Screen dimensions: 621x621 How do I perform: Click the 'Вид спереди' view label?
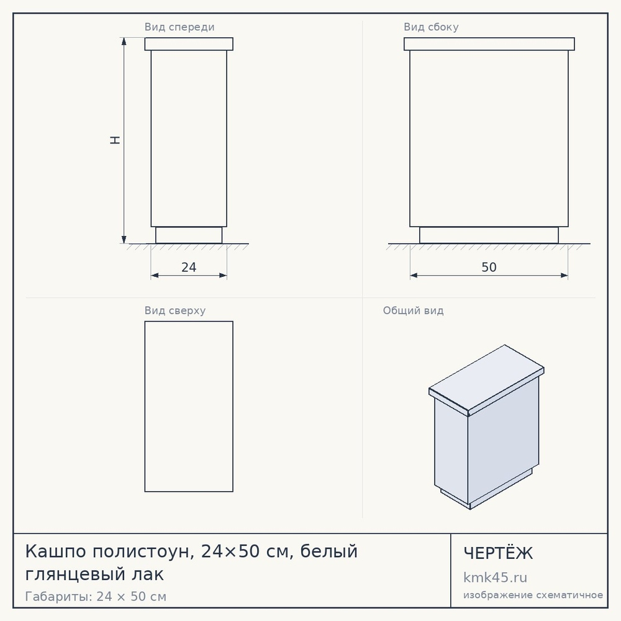click(179, 27)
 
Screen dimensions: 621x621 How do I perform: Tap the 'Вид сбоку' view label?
click(431, 27)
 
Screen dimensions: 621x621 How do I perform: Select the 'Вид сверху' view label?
click(175, 311)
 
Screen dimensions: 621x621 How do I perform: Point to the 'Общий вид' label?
click(413, 310)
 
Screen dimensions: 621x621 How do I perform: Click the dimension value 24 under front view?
click(189, 267)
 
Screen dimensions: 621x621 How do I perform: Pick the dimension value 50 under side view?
click(489, 267)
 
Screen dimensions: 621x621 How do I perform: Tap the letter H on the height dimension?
click(115, 140)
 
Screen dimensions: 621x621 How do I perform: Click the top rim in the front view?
click(189, 44)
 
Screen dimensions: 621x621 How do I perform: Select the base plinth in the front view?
click(189, 235)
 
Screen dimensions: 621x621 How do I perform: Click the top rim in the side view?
click(489, 44)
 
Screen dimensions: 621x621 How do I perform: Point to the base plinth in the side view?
click(489, 235)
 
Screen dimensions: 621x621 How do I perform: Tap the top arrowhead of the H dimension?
click(124, 42)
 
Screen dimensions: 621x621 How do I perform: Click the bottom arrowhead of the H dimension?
click(124, 240)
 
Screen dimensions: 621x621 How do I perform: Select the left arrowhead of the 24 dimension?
click(155, 276)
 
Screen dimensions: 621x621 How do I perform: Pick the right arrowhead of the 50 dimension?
click(564, 276)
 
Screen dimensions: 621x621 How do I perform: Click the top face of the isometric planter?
click(486, 378)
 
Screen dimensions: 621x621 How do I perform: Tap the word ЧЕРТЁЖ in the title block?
click(498, 553)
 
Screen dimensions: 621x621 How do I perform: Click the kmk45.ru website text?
click(495, 578)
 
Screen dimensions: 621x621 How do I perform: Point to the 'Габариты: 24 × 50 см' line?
click(96, 596)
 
